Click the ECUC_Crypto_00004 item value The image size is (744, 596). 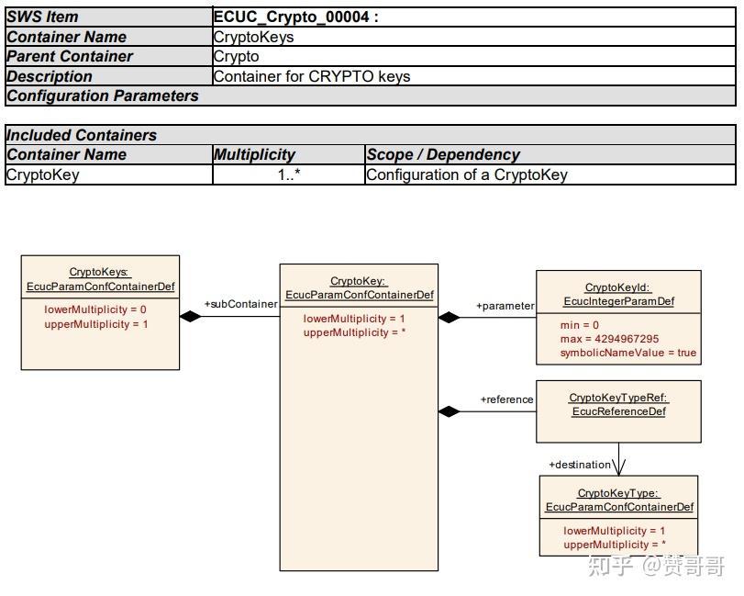(x=295, y=17)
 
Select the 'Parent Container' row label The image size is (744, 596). (x=70, y=57)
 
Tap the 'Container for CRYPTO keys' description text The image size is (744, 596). (x=312, y=76)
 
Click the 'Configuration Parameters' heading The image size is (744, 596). (x=103, y=96)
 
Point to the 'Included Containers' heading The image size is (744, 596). (x=81, y=135)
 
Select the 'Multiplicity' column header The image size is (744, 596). (x=254, y=155)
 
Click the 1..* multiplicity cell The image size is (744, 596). (x=289, y=174)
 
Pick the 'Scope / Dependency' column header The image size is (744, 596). (x=443, y=155)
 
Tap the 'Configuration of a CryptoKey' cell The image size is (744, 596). (x=467, y=174)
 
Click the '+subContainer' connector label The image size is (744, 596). (x=240, y=304)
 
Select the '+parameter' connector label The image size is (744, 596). (x=505, y=306)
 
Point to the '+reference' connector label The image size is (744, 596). (x=506, y=399)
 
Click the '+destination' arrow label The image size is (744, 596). (x=580, y=465)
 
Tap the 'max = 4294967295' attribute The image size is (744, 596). (x=609, y=339)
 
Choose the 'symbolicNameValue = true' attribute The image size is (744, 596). (x=628, y=353)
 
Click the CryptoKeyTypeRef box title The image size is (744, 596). (x=618, y=405)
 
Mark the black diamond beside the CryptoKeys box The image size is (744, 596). (x=191, y=316)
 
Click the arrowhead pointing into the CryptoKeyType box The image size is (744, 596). (x=618, y=467)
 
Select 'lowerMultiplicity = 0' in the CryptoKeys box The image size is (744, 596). (x=94, y=309)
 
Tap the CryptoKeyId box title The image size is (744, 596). (x=618, y=295)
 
